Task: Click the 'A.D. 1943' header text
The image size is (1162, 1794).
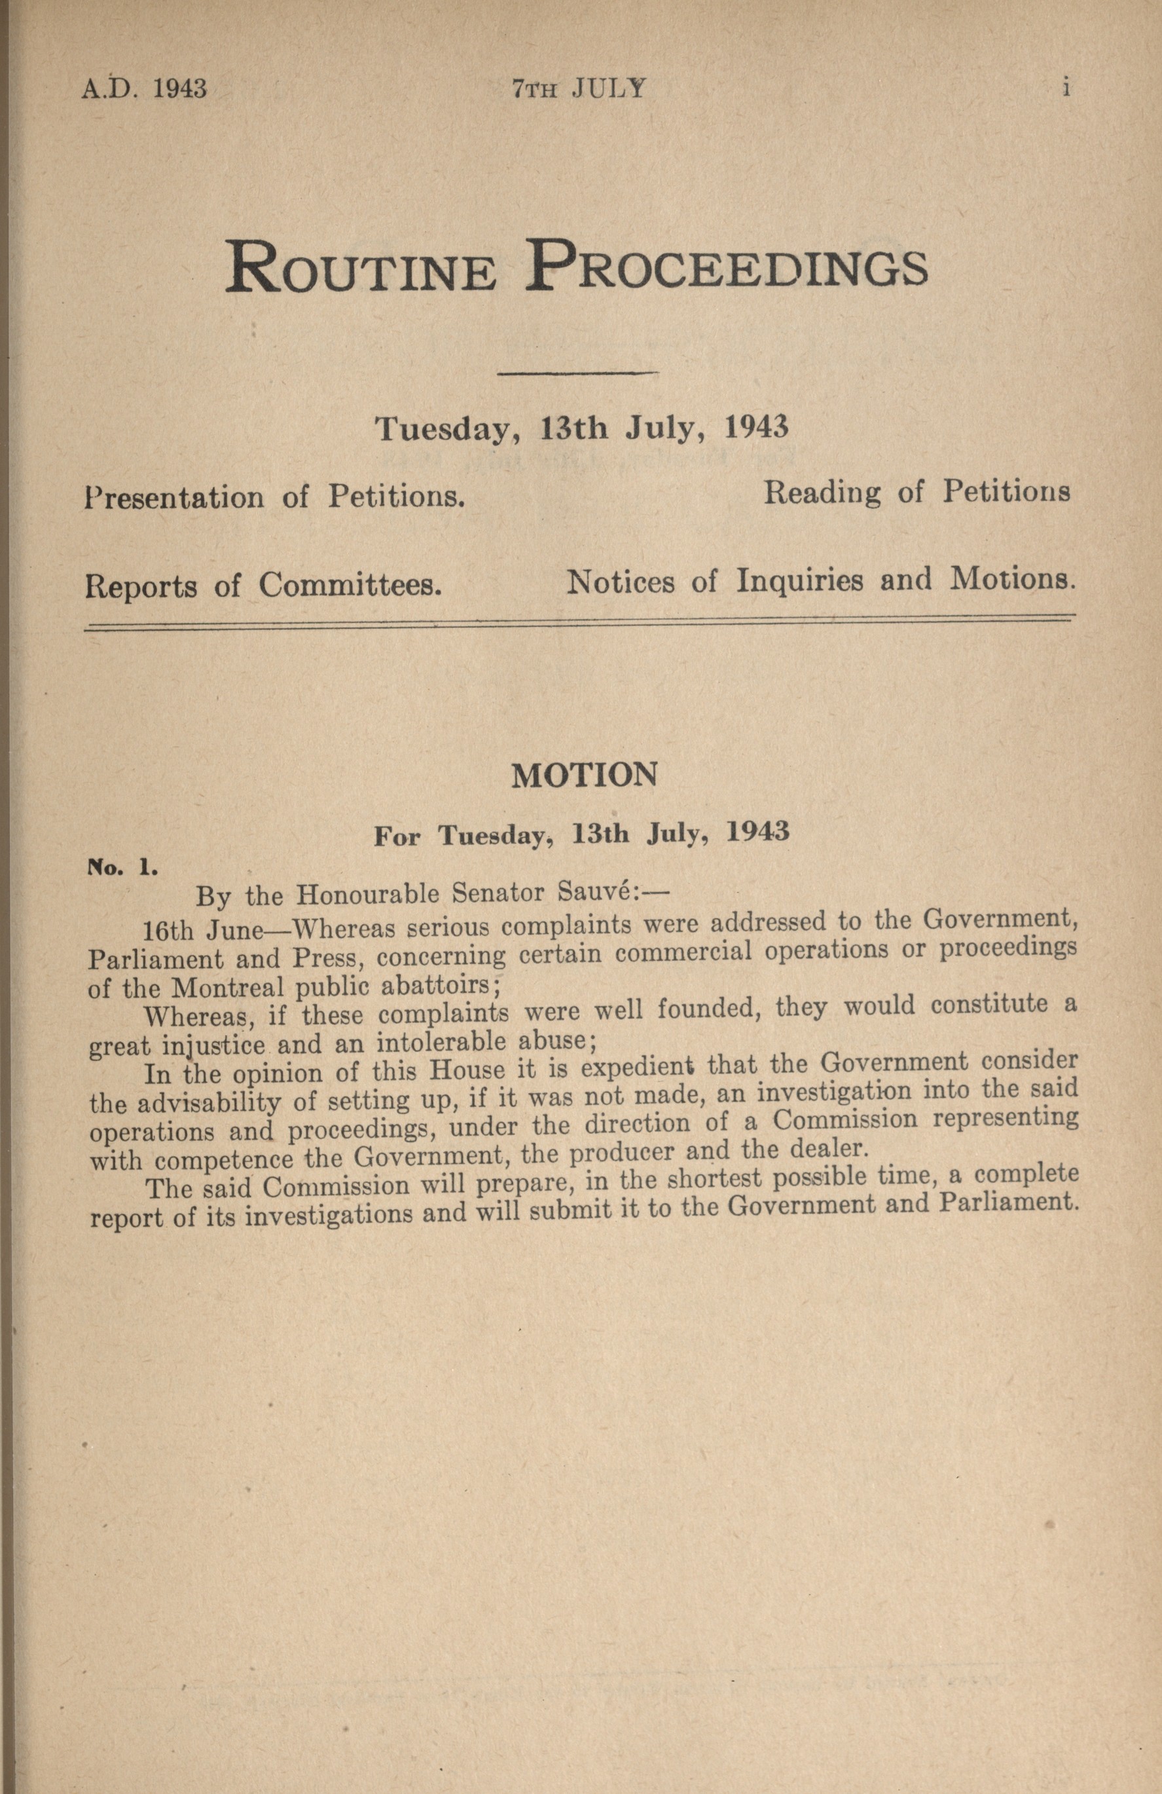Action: coord(143,89)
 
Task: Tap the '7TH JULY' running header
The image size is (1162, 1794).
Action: coord(579,89)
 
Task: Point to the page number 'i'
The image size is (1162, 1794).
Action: coord(1066,88)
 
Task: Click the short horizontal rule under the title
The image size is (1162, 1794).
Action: coord(579,373)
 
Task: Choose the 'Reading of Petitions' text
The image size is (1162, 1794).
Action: coord(917,492)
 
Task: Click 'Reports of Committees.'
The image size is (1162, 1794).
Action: coord(263,586)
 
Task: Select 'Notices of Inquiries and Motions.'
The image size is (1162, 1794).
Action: coord(819,580)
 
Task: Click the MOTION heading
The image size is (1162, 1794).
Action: coord(584,776)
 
